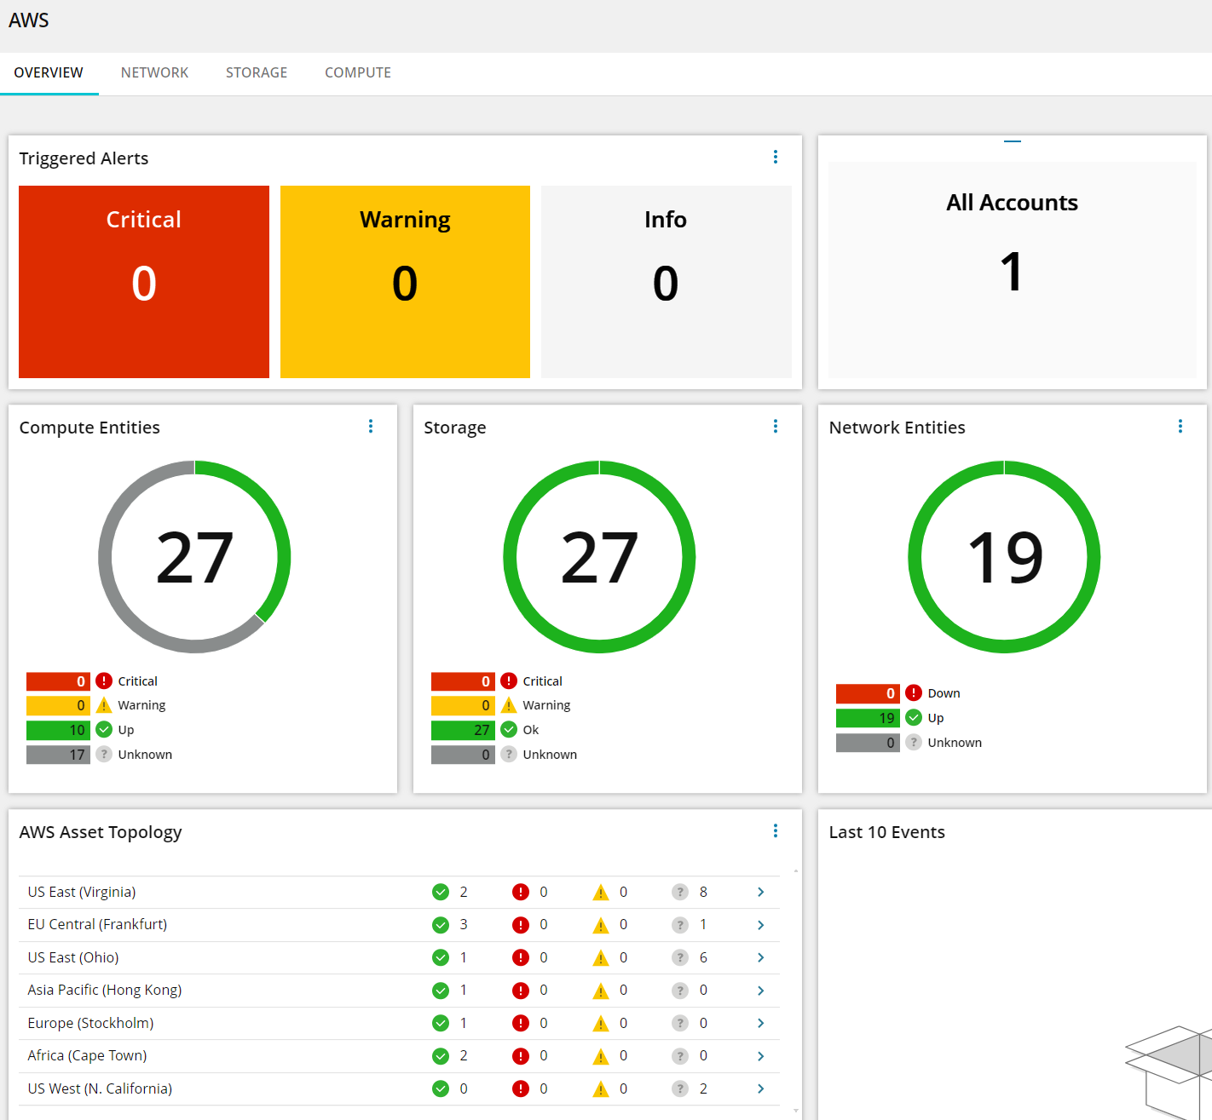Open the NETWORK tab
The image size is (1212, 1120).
154,73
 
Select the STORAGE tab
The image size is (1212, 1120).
257,73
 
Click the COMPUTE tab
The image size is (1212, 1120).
358,73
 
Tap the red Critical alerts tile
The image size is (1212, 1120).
144,281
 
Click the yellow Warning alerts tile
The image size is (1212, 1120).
405,281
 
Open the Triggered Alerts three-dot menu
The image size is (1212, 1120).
776,157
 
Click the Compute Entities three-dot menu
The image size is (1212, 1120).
371,426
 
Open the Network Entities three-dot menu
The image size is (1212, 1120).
1180,426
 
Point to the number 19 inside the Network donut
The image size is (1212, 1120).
1005,558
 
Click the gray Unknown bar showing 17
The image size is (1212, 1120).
58,755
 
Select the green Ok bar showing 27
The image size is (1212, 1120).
463,730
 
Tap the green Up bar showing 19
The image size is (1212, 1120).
868,718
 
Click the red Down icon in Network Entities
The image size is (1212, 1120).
914,693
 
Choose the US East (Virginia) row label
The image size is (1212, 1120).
82,892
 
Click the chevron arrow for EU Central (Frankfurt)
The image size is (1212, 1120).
760,925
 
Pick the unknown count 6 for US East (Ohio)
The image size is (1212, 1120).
703,957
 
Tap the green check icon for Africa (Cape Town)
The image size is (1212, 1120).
441,1056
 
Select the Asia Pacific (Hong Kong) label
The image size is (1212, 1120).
105,990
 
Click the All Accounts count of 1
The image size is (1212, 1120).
1012,273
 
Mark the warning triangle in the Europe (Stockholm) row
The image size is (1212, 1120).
601,1023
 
